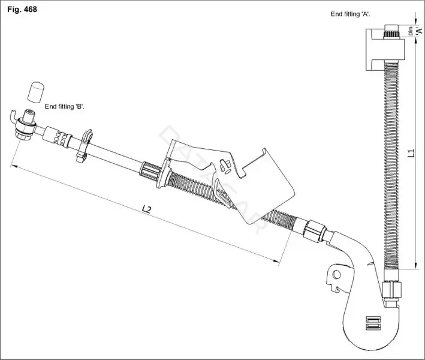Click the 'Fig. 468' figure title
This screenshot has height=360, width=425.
click(22, 10)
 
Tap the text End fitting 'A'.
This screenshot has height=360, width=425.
click(350, 14)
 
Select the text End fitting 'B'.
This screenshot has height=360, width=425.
click(65, 107)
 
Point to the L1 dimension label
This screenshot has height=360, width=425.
click(411, 153)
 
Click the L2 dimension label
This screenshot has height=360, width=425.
click(146, 209)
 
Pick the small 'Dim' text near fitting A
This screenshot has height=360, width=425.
click(411, 31)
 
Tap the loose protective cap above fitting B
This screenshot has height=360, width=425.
click(36, 92)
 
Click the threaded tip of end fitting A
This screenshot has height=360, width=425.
click(391, 31)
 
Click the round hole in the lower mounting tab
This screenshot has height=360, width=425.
click(336, 275)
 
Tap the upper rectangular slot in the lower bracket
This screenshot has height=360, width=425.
click(373, 319)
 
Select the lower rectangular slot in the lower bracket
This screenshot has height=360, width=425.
click(373, 327)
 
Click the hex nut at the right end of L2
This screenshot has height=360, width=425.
click(315, 231)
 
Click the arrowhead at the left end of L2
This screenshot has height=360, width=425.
click(14, 166)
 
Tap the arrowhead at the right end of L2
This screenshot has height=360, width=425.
click(275, 261)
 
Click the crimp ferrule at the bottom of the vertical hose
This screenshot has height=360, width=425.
click(391, 290)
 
